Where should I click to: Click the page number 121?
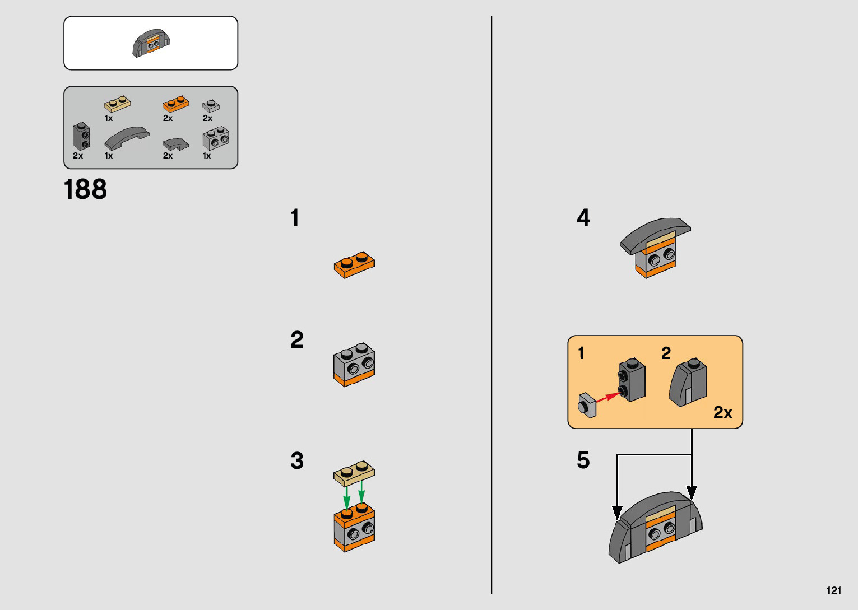pos(833,590)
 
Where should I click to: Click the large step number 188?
pos(85,189)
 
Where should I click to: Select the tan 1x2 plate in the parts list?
pos(118,104)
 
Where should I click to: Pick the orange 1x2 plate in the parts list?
pos(176,104)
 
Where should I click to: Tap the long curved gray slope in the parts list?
pos(127,138)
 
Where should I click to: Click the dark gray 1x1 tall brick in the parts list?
pos(82,136)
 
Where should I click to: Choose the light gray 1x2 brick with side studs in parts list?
pos(216,138)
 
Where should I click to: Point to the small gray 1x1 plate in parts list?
pos(211,106)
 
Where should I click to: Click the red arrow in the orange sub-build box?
pos(608,397)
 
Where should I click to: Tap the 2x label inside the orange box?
pos(722,413)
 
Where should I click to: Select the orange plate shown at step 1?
pos(354,264)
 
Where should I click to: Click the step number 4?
pos(583,217)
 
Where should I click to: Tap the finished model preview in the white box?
pos(151,43)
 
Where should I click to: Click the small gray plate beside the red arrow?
pos(587,405)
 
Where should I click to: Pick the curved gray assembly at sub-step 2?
pos(688,383)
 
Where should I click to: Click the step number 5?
pos(583,460)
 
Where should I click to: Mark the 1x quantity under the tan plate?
pos(109,118)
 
